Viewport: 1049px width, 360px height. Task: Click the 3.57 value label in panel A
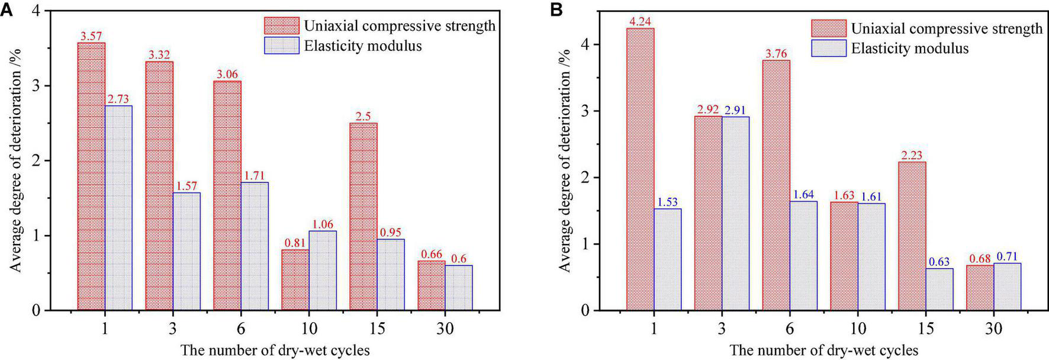pos(92,37)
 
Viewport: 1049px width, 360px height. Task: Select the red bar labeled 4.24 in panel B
pos(640,169)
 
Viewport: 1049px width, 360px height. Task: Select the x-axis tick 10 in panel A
pos(308,329)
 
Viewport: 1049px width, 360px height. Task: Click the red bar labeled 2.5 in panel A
pos(363,216)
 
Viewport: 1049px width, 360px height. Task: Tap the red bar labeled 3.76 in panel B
pos(776,185)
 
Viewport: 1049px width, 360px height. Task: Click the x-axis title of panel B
pos(824,350)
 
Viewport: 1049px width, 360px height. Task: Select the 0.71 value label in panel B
pos(1008,256)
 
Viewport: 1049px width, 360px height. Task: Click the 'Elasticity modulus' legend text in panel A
pos(363,46)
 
